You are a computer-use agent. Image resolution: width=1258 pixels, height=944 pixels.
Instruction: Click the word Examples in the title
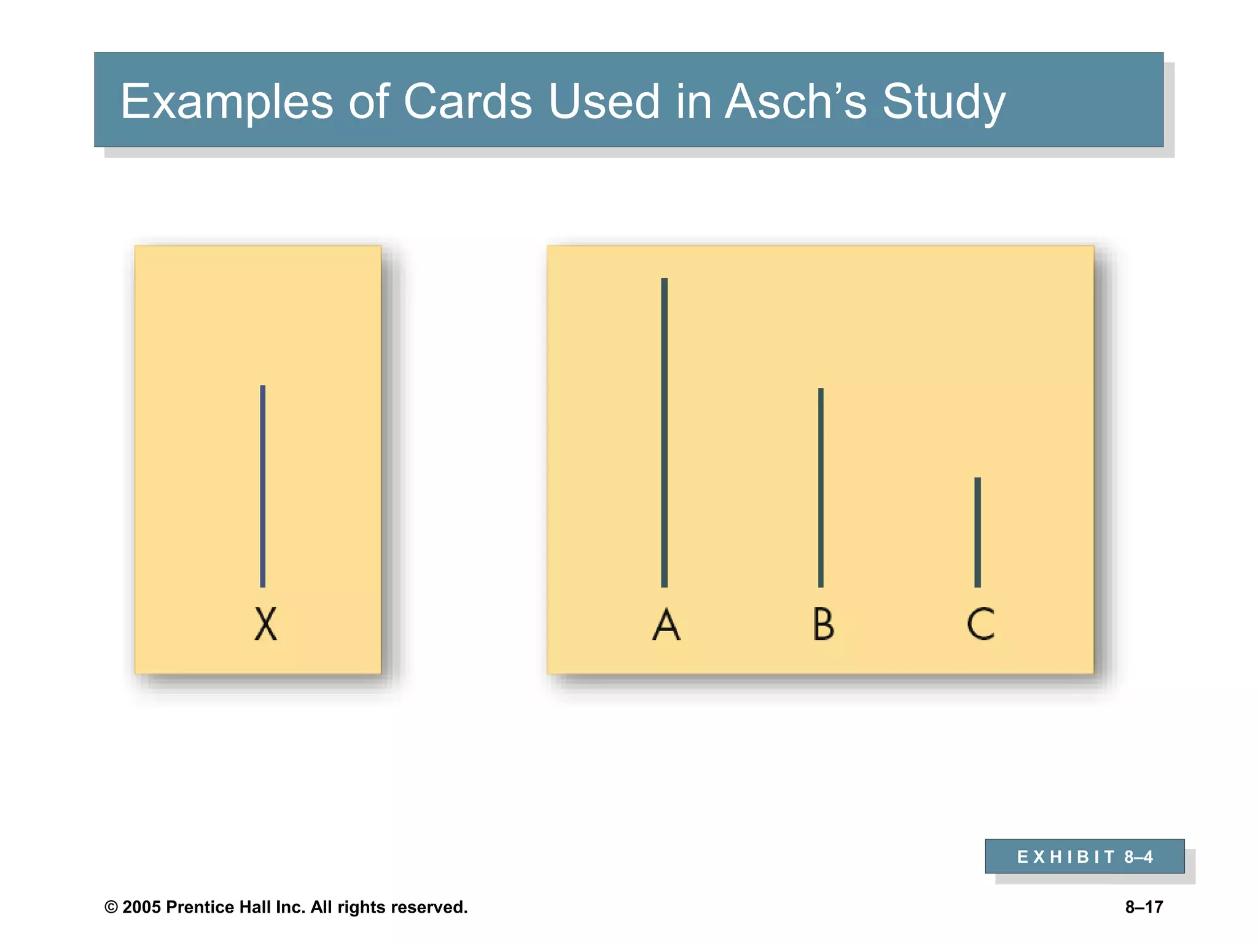226,101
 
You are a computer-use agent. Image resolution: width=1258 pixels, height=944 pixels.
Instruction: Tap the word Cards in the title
467,101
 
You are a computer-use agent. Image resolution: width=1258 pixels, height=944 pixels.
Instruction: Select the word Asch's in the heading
795,101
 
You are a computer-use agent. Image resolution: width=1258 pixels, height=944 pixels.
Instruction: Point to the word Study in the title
943,101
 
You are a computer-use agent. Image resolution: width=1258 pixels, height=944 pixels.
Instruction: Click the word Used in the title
604,101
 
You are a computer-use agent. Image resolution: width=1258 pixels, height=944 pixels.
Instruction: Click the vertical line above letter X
263,486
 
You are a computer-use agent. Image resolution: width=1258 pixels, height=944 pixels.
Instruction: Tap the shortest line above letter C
977,532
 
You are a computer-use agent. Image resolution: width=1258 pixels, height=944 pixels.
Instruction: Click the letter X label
266,624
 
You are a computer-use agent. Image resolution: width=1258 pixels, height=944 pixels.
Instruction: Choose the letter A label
666,624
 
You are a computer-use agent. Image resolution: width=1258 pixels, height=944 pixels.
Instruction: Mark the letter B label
823,624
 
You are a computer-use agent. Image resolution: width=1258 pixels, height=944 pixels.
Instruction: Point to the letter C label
980,624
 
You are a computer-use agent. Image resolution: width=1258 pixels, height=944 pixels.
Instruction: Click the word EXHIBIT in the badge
1065,857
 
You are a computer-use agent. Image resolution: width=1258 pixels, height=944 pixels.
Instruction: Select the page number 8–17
1144,907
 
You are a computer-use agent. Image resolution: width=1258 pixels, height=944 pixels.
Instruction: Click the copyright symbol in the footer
111,907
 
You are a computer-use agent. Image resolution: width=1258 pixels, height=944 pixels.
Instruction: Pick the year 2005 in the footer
141,907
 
